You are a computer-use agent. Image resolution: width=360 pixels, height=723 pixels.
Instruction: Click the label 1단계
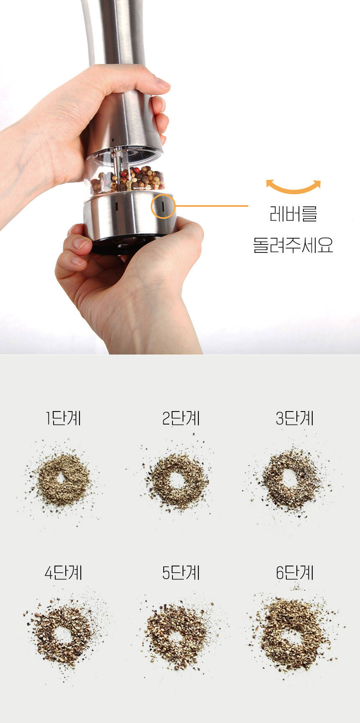point(64,418)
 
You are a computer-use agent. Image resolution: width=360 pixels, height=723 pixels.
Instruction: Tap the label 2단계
point(181,418)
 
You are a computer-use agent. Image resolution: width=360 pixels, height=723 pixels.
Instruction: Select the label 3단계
point(295,418)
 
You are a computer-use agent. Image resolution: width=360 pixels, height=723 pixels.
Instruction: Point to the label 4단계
point(64,573)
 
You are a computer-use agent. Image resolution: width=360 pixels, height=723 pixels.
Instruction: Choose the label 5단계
point(181,573)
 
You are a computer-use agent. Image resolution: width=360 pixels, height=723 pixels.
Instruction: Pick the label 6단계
point(295,573)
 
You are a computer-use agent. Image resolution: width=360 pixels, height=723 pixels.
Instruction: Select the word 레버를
point(293,214)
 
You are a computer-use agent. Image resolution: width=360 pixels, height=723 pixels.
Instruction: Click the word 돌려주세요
point(293,245)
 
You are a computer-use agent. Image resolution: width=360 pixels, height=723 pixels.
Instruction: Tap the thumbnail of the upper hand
point(162,82)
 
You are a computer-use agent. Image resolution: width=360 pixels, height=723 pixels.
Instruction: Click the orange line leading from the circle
point(212,206)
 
